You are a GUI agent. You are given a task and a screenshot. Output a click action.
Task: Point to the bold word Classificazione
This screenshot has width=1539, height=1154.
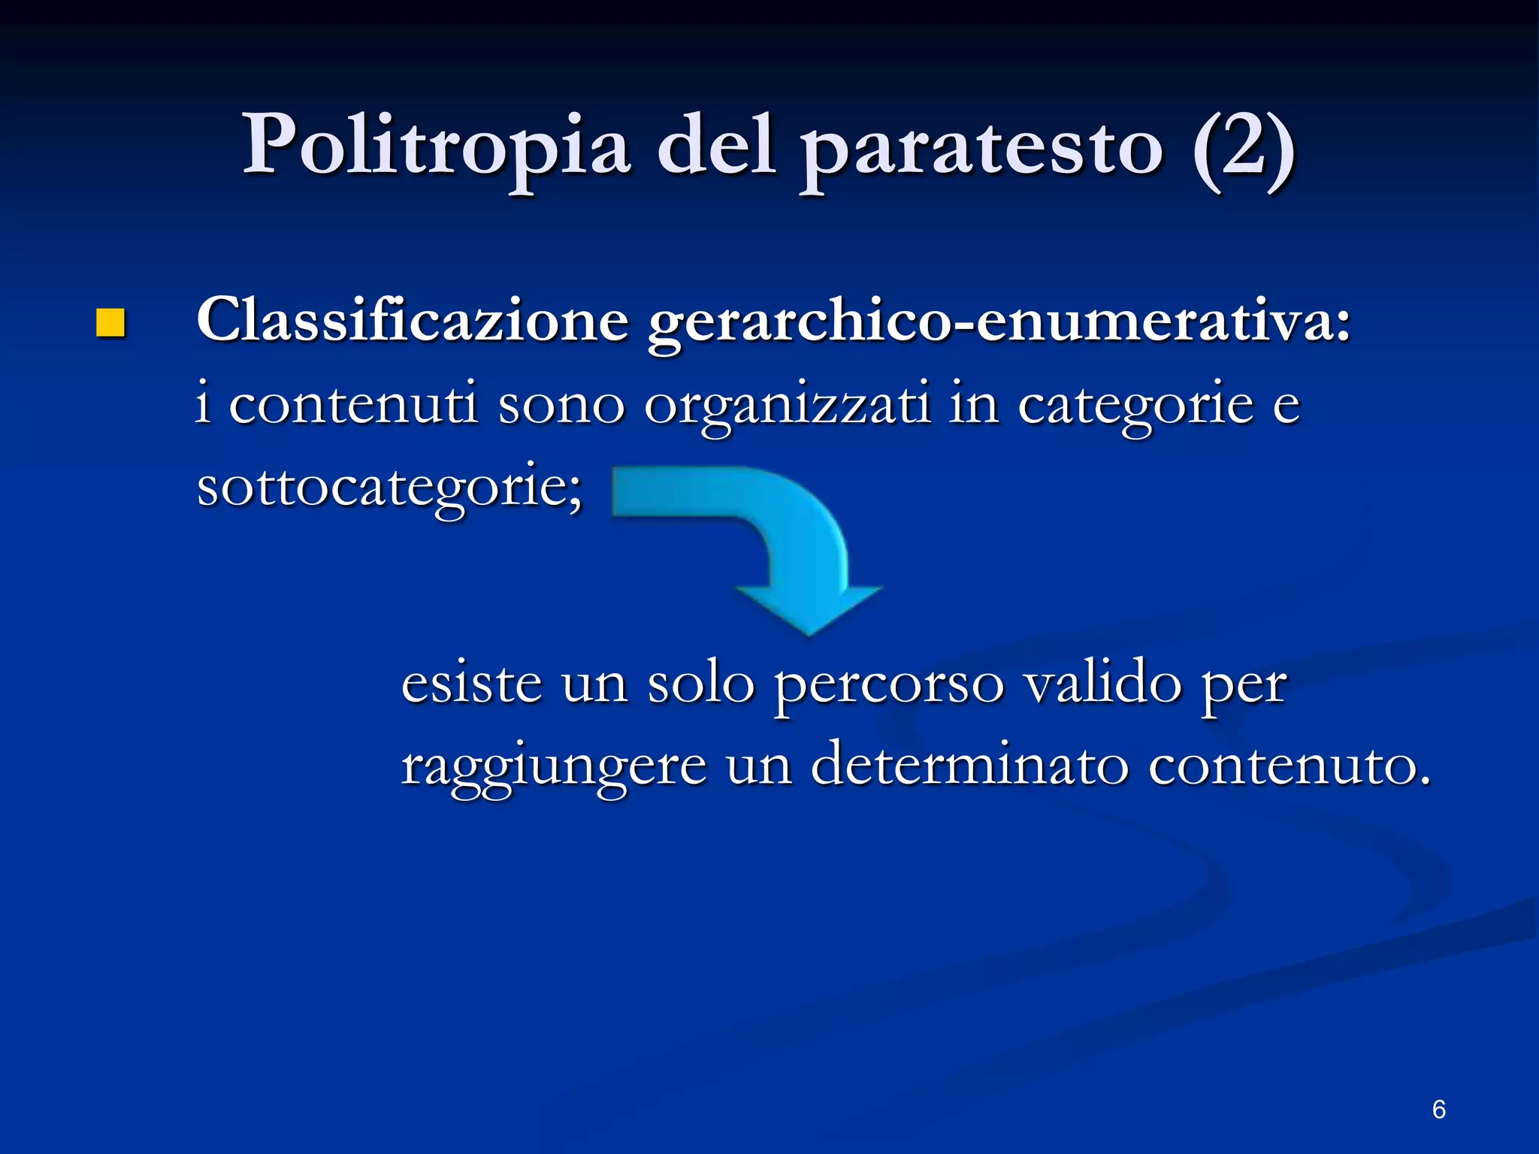click(x=412, y=320)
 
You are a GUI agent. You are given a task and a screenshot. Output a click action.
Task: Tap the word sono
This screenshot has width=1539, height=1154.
click(x=561, y=406)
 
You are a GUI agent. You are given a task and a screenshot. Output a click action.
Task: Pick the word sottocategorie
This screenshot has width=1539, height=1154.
click(x=389, y=488)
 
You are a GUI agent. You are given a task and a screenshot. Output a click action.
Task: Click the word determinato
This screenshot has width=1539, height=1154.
click(x=969, y=766)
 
